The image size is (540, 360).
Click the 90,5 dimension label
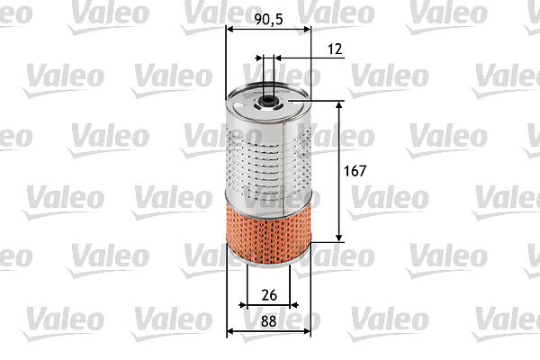pyautogui.click(x=268, y=19)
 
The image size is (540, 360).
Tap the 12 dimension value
pyautogui.click(x=335, y=49)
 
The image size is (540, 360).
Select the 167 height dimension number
pyautogui.click(x=355, y=171)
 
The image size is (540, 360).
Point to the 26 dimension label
pyautogui.click(x=269, y=295)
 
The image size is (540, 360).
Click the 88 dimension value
pyautogui.click(x=268, y=321)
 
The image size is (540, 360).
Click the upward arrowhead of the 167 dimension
pyautogui.click(x=339, y=105)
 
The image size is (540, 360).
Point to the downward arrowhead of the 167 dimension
pyautogui.click(x=339, y=238)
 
